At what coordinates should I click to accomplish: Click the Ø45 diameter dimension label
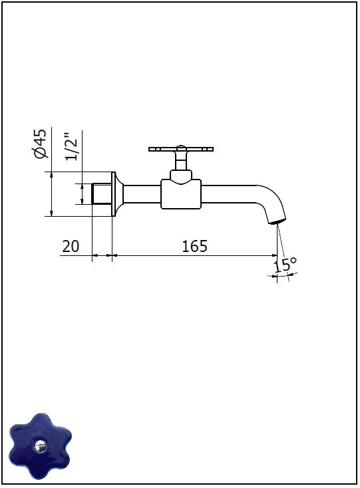coord(41,143)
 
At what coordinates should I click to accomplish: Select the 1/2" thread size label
coord(71,147)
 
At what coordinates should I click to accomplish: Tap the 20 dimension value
coord(71,246)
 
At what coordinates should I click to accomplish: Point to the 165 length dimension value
coord(194,246)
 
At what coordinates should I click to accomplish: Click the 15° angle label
coord(285,265)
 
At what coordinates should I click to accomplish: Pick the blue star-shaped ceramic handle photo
coord(40,446)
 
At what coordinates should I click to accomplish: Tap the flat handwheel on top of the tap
coord(181,149)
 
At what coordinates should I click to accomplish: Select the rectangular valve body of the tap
coord(181,194)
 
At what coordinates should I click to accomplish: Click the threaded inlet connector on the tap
coord(102,194)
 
